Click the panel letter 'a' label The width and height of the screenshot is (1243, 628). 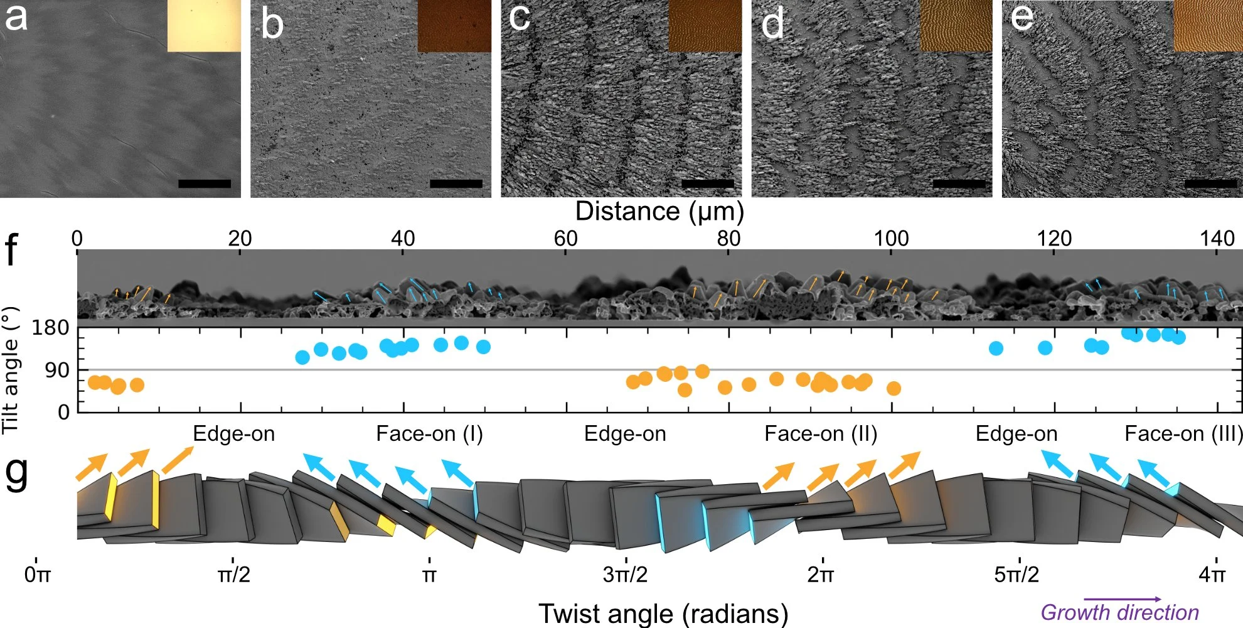[16, 18]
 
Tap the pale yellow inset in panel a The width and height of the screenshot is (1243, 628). [204, 25]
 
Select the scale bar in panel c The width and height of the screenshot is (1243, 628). [707, 183]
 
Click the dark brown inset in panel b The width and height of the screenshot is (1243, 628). [454, 26]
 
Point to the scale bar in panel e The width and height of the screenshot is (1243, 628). [1210, 183]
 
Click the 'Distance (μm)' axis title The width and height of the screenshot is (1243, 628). [659, 212]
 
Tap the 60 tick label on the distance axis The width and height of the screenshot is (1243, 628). [565, 238]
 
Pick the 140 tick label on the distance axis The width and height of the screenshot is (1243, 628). [1217, 238]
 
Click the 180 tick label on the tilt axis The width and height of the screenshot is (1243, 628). [51, 327]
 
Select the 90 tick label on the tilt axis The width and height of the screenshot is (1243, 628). [57, 370]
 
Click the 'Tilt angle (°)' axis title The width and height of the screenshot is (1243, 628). [10, 371]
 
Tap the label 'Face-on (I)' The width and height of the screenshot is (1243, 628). [429, 433]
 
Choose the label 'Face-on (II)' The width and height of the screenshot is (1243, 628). [821, 433]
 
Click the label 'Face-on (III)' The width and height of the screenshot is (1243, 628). [1183, 433]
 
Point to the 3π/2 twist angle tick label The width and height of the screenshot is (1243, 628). [625, 574]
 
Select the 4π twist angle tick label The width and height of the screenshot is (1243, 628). [1212, 574]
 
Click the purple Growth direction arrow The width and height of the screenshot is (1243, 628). [1123, 600]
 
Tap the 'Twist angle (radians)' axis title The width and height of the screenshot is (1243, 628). [663, 614]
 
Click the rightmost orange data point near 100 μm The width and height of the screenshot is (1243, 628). [894, 389]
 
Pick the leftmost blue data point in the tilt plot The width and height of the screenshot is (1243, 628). [302, 357]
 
